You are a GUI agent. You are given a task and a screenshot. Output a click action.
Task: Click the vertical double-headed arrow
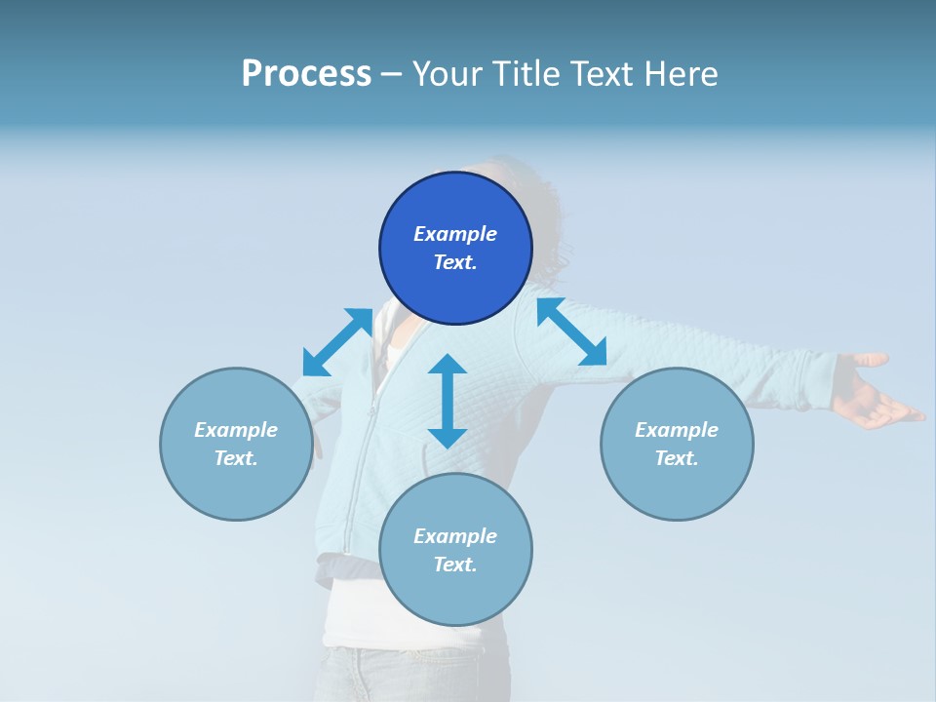(x=448, y=401)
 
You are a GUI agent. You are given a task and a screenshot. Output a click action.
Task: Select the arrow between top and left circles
(x=337, y=341)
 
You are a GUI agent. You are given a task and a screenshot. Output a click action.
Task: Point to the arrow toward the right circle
(x=571, y=331)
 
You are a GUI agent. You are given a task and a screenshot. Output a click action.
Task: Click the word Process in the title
(x=306, y=74)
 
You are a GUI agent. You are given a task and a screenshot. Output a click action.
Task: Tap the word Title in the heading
(x=525, y=74)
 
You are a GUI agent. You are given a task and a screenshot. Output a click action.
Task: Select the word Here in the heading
(x=681, y=74)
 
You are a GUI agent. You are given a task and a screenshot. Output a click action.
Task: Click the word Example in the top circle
(x=455, y=234)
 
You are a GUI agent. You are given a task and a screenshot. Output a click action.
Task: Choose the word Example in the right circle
(x=677, y=430)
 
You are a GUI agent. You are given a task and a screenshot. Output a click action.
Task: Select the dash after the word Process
(x=392, y=74)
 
